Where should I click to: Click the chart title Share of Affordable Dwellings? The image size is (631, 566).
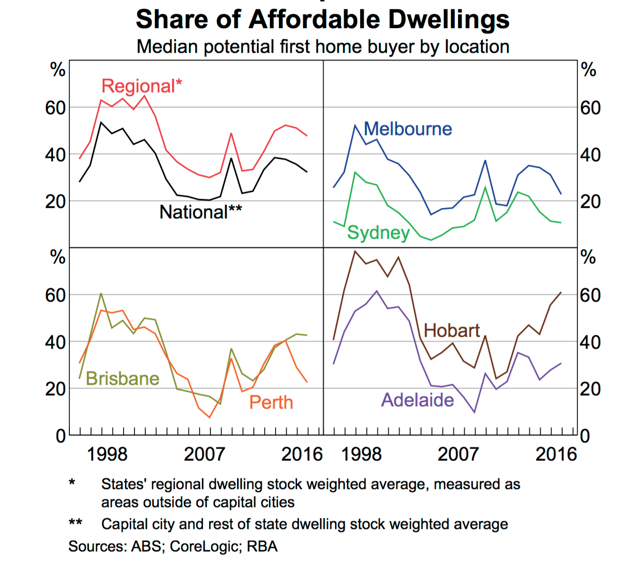click(x=323, y=20)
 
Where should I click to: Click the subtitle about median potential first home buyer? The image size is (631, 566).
click(x=323, y=47)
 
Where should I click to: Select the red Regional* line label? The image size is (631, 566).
click(x=142, y=86)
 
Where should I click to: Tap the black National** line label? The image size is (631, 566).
click(x=201, y=212)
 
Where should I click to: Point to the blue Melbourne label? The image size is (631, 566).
click(x=408, y=129)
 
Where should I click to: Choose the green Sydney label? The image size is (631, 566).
click(x=378, y=233)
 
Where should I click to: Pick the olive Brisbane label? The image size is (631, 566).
click(x=123, y=379)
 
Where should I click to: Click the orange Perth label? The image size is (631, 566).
click(x=271, y=402)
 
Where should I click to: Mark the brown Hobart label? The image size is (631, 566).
click(x=451, y=330)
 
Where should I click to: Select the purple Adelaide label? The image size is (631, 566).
click(x=418, y=400)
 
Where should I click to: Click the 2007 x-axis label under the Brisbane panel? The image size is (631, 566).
click(x=204, y=454)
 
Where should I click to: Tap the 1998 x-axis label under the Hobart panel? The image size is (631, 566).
click(x=362, y=454)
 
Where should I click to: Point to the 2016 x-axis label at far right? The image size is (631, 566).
click(x=555, y=454)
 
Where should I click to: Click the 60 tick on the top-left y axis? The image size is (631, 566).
click(x=56, y=108)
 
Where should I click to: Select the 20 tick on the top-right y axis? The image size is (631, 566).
click(x=591, y=202)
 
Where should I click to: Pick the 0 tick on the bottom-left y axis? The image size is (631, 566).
click(x=60, y=436)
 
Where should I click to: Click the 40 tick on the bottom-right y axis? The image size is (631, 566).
click(x=591, y=342)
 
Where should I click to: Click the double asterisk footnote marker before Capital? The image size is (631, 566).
click(x=75, y=523)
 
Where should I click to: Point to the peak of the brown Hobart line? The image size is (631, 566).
click(x=354, y=251)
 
